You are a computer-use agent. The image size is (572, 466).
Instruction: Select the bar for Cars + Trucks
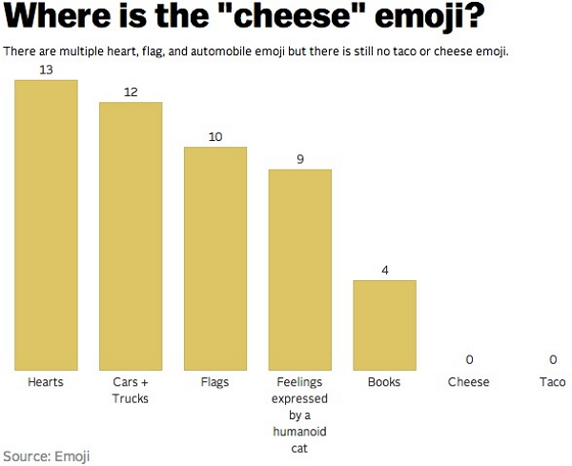[131, 235]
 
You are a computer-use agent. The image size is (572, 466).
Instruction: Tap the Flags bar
[215, 258]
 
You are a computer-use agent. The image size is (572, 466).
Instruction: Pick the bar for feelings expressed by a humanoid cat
[299, 270]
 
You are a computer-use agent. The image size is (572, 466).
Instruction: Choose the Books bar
[384, 325]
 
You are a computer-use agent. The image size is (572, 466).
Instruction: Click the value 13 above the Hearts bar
[46, 71]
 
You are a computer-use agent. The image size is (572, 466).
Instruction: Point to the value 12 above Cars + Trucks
[131, 92]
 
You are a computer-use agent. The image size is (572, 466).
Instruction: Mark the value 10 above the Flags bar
[215, 137]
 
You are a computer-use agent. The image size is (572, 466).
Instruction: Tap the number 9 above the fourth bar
[299, 159]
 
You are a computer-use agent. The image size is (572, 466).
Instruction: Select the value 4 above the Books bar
[384, 270]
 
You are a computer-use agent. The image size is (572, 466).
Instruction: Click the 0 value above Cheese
[469, 359]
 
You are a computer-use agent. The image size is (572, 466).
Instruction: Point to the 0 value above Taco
[553, 359]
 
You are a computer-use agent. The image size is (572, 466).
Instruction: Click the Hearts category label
[46, 382]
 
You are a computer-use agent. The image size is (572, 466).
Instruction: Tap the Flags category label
[215, 382]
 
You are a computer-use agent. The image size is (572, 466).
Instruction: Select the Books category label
[384, 382]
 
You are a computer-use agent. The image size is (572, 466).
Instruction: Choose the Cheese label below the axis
[469, 382]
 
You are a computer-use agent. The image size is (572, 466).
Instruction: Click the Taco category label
[553, 382]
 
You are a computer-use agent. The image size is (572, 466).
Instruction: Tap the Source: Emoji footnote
[47, 456]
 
